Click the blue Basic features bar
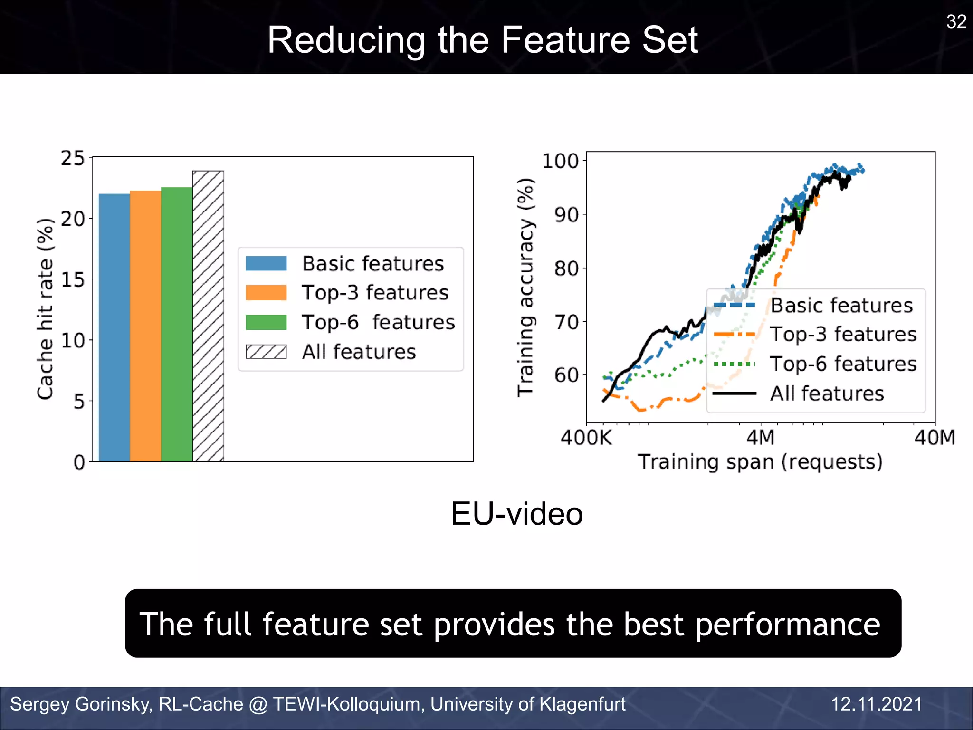tap(114, 328)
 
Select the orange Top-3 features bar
tap(145, 327)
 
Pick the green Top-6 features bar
tap(177, 325)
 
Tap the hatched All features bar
tap(208, 316)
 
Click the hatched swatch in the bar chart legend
tap(266, 352)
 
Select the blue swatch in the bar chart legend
tap(266, 263)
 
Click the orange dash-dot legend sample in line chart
tap(735, 335)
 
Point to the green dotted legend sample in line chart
tap(735, 364)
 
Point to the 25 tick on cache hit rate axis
tap(73, 158)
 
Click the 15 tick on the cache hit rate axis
tap(73, 279)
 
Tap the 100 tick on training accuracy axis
tap(561, 161)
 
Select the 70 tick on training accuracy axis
tap(566, 322)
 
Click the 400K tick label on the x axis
tap(586, 438)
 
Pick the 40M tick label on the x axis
tap(935, 438)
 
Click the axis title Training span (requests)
tap(760, 462)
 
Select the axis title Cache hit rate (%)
tap(45, 309)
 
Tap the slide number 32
tap(956, 22)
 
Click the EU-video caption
tap(516, 514)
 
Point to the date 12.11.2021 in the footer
tap(876, 704)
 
